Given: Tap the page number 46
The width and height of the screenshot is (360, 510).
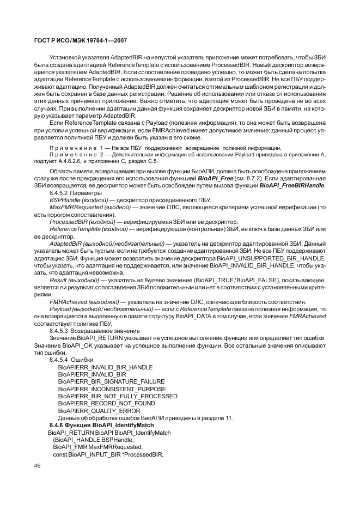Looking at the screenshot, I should (x=38, y=466).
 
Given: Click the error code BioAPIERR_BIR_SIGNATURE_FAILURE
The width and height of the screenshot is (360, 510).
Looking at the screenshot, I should (x=103, y=382).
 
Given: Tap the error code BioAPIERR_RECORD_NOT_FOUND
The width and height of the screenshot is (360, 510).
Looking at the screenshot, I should (x=99, y=403).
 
